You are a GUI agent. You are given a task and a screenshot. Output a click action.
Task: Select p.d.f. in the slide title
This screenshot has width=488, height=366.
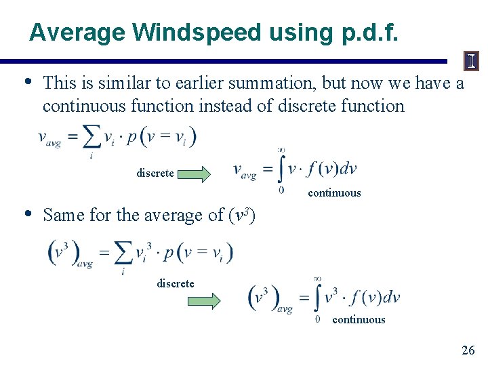[x=370, y=32]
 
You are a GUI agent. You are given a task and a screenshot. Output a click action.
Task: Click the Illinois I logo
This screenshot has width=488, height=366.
[x=471, y=62]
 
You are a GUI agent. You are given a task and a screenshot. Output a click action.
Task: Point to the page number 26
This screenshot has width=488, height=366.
[x=468, y=350]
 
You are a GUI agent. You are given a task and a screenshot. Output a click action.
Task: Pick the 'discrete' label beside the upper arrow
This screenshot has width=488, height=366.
[x=155, y=174]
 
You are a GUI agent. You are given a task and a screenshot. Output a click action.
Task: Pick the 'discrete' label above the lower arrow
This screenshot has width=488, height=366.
[x=175, y=283]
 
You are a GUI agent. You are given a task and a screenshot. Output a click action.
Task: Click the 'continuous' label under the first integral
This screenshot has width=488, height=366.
[x=334, y=193]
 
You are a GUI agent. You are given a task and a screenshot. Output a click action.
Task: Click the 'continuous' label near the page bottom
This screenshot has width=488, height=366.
[x=359, y=320]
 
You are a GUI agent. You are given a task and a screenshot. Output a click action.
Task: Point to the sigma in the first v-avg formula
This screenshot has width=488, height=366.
[x=91, y=139]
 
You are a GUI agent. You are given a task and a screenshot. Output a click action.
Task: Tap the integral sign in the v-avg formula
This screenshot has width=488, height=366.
[x=281, y=169]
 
